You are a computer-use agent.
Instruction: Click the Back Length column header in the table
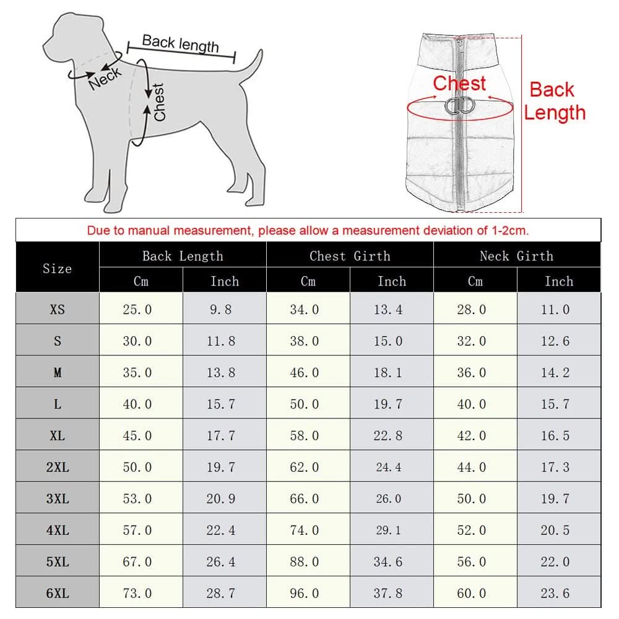point(183,256)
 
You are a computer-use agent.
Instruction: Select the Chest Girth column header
point(350,256)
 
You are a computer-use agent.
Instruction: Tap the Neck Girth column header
point(516,256)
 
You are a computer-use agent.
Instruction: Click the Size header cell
point(57,269)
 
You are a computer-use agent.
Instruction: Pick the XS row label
point(57,309)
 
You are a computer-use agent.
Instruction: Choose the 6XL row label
point(57,594)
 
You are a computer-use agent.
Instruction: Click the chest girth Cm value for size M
point(305,373)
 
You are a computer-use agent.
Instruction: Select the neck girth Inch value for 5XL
point(555,562)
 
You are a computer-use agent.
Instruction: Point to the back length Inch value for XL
point(221,436)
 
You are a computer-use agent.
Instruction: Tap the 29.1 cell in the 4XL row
point(388,530)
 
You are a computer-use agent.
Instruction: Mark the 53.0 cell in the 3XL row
point(137,499)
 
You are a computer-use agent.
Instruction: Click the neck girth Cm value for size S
point(472,341)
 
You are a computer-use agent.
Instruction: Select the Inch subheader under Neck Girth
point(558,281)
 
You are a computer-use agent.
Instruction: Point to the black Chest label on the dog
point(159,102)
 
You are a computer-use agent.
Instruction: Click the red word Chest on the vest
point(459,83)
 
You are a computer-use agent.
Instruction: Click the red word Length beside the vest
point(555,113)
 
